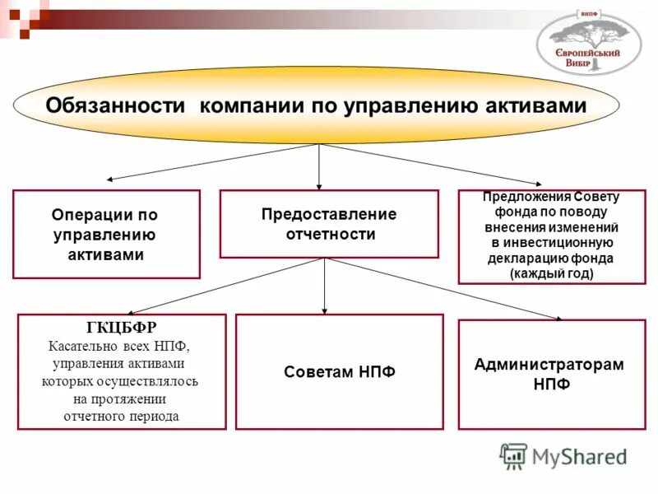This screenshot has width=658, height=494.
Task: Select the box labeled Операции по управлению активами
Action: tap(106, 234)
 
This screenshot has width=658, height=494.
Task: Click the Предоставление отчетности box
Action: tap(329, 224)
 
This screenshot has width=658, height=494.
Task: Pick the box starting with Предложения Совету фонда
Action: tap(551, 236)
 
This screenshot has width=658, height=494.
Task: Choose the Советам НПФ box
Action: tap(339, 371)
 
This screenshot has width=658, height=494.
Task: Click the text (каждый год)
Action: tap(551, 273)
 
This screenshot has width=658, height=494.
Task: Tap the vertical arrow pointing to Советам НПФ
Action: tap(325, 286)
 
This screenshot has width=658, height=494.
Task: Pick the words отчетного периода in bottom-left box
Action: tap(121, 416)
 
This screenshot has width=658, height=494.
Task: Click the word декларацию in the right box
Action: tap(521, 258)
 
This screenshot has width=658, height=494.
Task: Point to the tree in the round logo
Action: tap(588, 33)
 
